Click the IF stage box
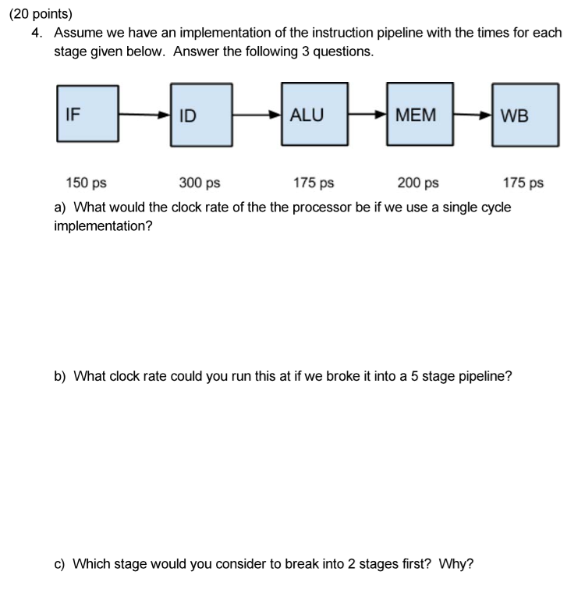pos(87,114)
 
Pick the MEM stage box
pos(420,114)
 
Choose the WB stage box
pos(525,114)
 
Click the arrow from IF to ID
pos(144,115)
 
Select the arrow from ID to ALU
pos(257,115)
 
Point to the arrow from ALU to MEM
pos(367,115)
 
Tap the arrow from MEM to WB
pos(473,115)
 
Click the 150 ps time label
pos(86,183)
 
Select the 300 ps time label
pos(200,183)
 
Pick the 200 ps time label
pos(418,183)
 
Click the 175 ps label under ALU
pos(314,183)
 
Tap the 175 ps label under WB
pos(523,183)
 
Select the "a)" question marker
pos(60,208)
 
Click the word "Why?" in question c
pos(456,563)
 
